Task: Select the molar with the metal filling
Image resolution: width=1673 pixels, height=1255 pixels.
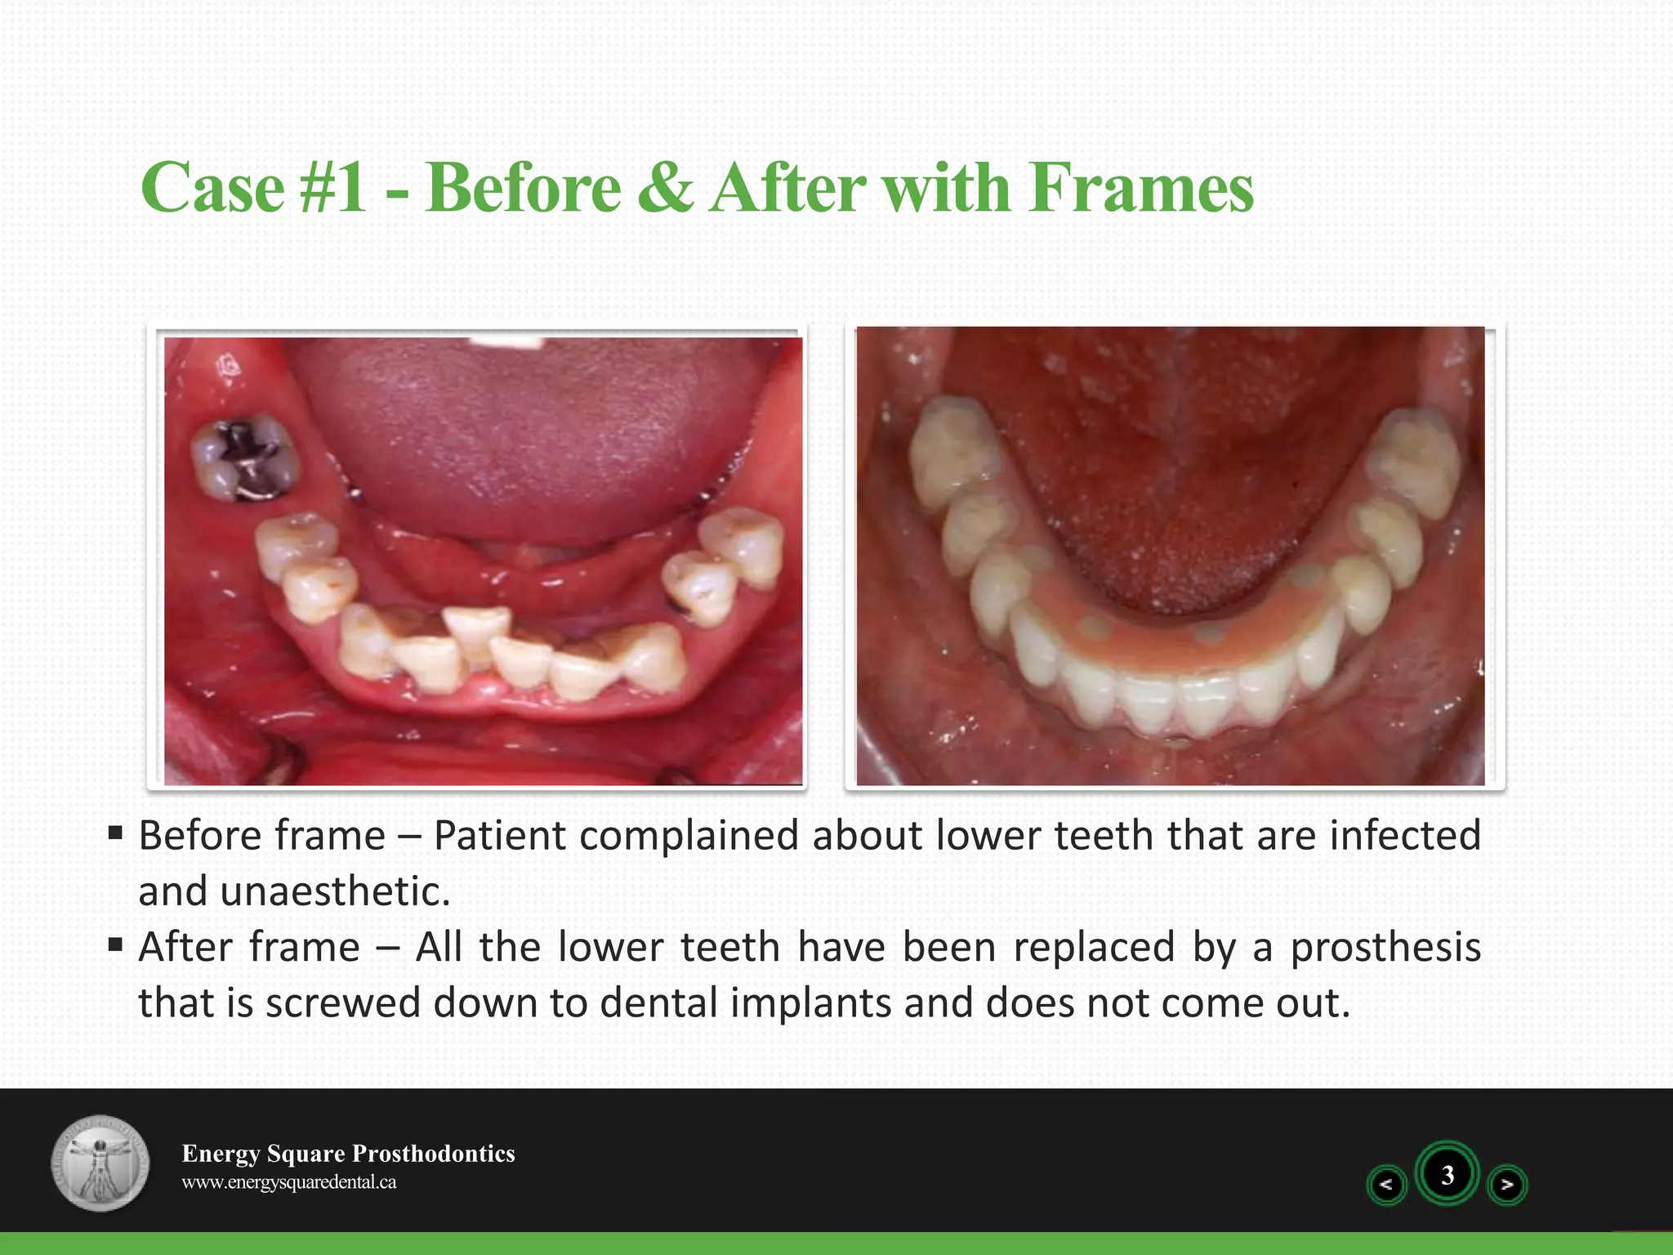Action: coord(244,458)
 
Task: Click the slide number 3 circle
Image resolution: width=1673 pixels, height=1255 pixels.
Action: coord(1447,1175)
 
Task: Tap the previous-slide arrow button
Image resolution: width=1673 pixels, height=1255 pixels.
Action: coord(1386,1184)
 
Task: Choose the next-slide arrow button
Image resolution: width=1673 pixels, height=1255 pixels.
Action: coord(1507,1184)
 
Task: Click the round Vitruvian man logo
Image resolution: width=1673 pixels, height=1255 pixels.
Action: coord(100,1162)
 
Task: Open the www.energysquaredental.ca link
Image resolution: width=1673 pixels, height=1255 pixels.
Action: coord(288,1182)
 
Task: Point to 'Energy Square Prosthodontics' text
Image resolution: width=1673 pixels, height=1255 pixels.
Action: coord(348,1153)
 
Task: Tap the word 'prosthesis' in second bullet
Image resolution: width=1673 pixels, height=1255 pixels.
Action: coord(1385,947)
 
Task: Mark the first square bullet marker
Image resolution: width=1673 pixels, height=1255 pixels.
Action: coord(115,833)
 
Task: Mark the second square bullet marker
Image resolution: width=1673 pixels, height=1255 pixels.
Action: coord(115,945)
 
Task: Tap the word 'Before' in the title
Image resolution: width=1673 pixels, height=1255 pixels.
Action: coord(523,188)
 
